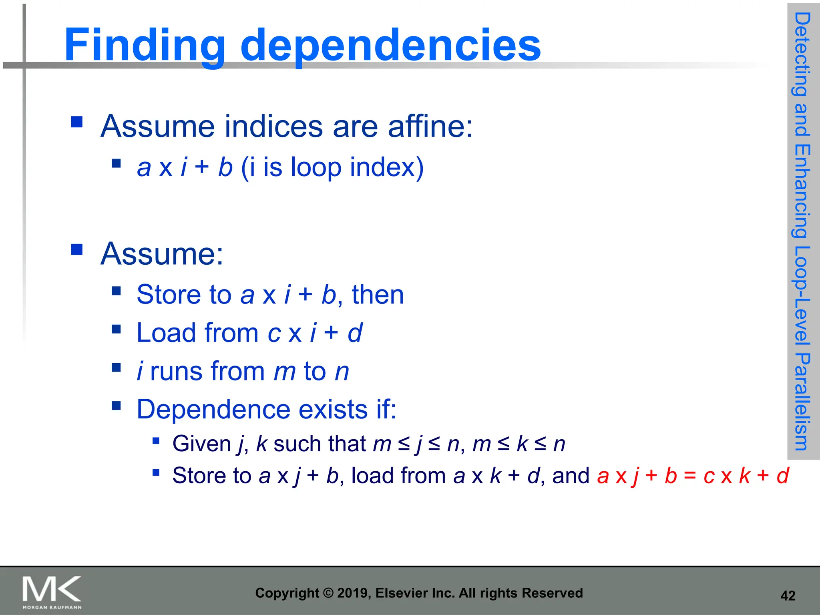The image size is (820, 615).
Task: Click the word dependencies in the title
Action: pyautogui.click(x=390, y=45)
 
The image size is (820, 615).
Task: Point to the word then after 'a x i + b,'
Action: pyautogui.click(x=378, y=295)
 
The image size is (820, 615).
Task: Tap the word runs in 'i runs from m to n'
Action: pyautogui.click(x=177, y=371)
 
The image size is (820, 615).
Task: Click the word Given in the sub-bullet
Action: pyautogui.click(x=201, y=444)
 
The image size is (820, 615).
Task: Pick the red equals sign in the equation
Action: pyautogui.click(x=690, y=476)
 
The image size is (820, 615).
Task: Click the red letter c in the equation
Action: pyautogui.click(x=709, y=476)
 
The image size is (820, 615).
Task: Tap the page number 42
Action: pyautogui.click(x=788, y=596)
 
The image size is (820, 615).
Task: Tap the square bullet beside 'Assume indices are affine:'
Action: pyautogui.click(x=77, y=121)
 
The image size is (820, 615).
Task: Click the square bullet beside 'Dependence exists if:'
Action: pyautogui.click(x=116, y=406)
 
